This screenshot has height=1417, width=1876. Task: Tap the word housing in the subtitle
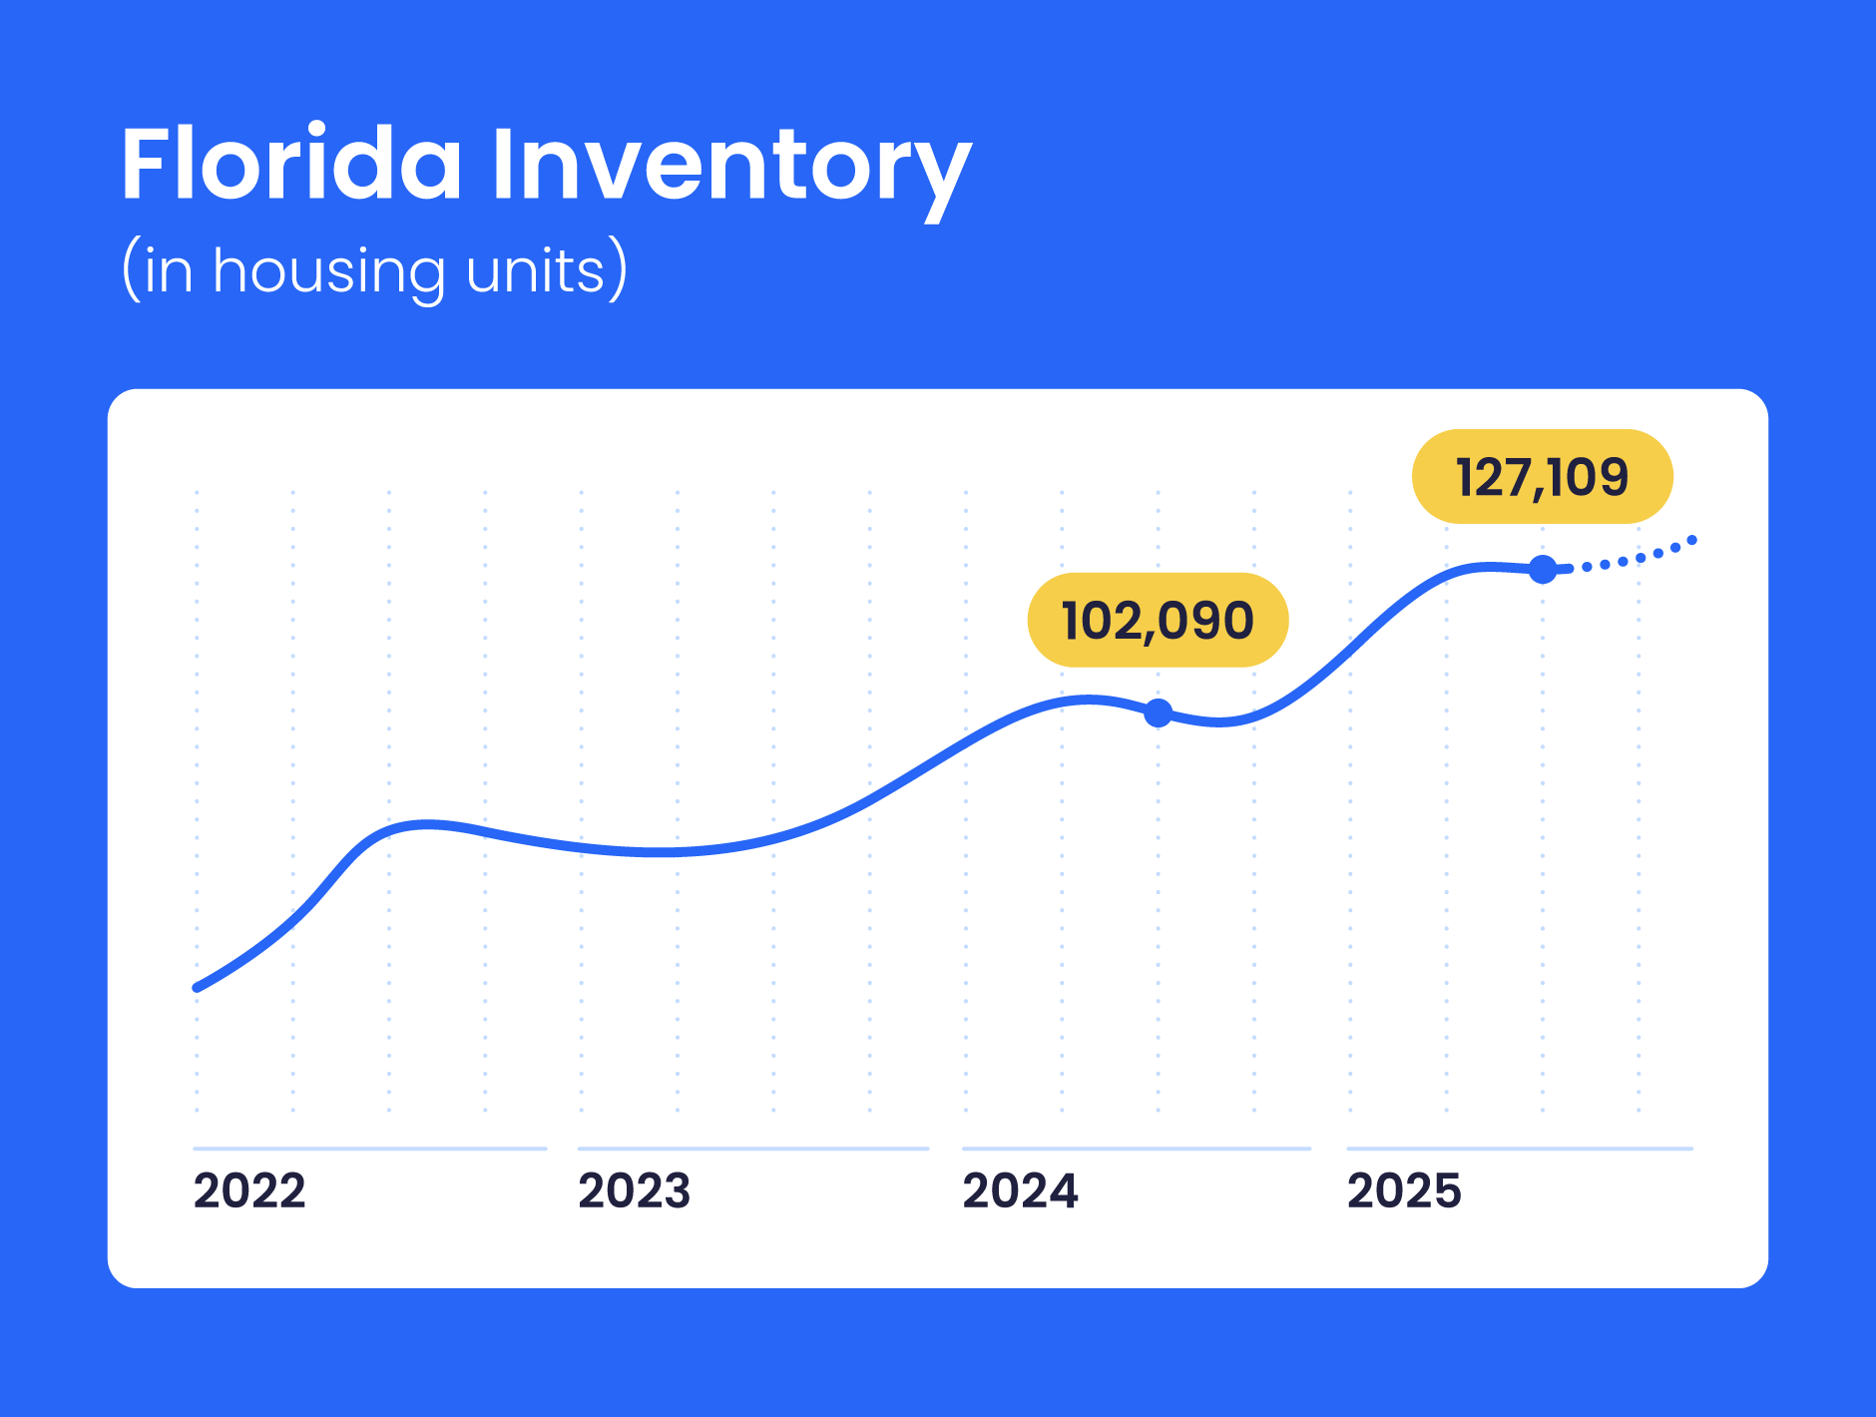coord(328,271)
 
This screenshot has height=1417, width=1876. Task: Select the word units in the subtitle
coord(535,271)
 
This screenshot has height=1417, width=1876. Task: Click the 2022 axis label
coord(249,1190)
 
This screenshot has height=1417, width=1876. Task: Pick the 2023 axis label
coord(635,1190)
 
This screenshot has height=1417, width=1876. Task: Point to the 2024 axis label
coord(1020,1190)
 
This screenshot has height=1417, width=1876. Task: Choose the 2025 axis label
coord(1404,1190)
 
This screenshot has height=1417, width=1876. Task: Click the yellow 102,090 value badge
coord(1158,620)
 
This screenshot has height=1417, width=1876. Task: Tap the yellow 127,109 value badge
coord(1542,476)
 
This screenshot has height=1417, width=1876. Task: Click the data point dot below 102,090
coord(1158,712)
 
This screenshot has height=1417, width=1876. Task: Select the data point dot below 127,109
coord(1543,570)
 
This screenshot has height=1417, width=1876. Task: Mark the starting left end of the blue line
coord(198,988)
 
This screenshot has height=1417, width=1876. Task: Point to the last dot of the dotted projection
coord(1691,541)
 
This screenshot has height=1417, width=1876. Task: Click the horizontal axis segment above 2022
coord(369,1149)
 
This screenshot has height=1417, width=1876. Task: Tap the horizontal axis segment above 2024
coord(1137,1149)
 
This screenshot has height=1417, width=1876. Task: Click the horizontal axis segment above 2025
coord(1520,1149)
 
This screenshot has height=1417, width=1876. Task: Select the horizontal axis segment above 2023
coord(753,1149)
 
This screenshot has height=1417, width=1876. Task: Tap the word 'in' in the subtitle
coord(168,271)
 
